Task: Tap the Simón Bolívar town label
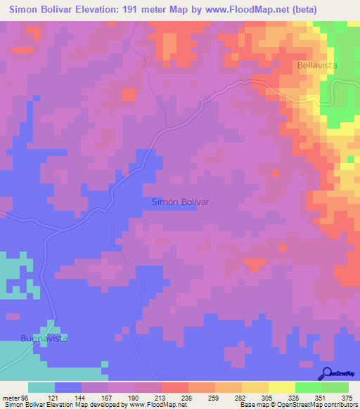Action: pyautogui.click(x=181, y=201)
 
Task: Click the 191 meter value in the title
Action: pyautogui.click(x=136, y=10)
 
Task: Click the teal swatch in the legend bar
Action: pyautogui.click(x=41, y=387)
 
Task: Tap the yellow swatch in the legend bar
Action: pyautogui.click(x=282, y=387)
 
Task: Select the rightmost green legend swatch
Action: pyautogui.click(x=335, y=387)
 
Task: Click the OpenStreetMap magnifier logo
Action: pyautogui.click(x=326, y=375)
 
